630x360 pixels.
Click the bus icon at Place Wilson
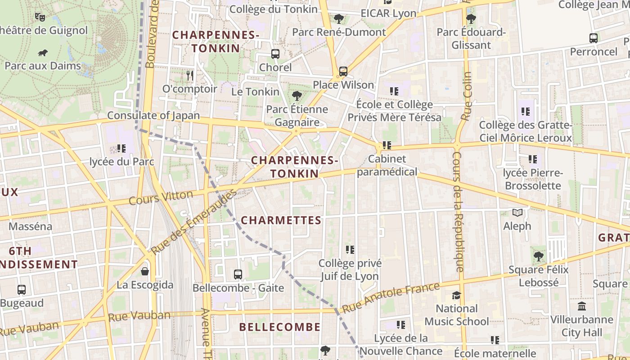(343, 71)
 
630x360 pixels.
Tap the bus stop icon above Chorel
(275, 54)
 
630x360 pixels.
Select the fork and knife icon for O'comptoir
(190, 76)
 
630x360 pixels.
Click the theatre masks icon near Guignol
(40, 17)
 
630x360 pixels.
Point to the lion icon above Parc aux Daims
(43, 53)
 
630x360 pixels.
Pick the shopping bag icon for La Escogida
(145, 271)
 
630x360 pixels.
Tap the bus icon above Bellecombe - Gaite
(238, 274)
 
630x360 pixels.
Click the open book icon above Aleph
(517, 212)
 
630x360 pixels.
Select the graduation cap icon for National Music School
(457, 295)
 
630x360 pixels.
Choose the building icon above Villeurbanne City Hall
(581, 306)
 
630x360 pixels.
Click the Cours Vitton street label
(161, 198)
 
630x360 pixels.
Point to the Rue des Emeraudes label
(193, 222)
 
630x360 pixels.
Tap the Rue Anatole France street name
(390, 298)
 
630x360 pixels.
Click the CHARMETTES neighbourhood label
(281, 220)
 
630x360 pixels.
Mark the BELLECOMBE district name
(280, 327)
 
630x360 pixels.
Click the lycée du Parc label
(122, 162)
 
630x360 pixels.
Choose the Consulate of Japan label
(153, 115)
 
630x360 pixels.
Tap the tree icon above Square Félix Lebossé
(538, 256)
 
